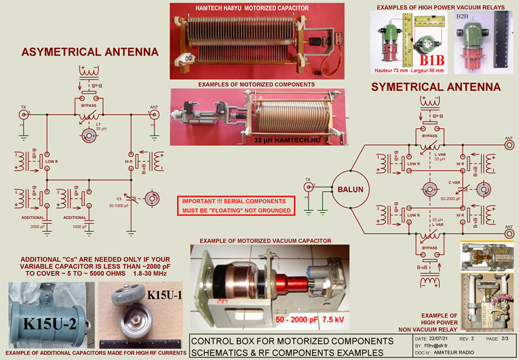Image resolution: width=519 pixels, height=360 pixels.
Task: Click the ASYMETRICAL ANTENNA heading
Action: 90,52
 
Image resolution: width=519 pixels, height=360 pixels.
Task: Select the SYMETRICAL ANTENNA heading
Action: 436,87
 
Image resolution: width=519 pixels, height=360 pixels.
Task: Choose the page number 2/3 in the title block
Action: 507,338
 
